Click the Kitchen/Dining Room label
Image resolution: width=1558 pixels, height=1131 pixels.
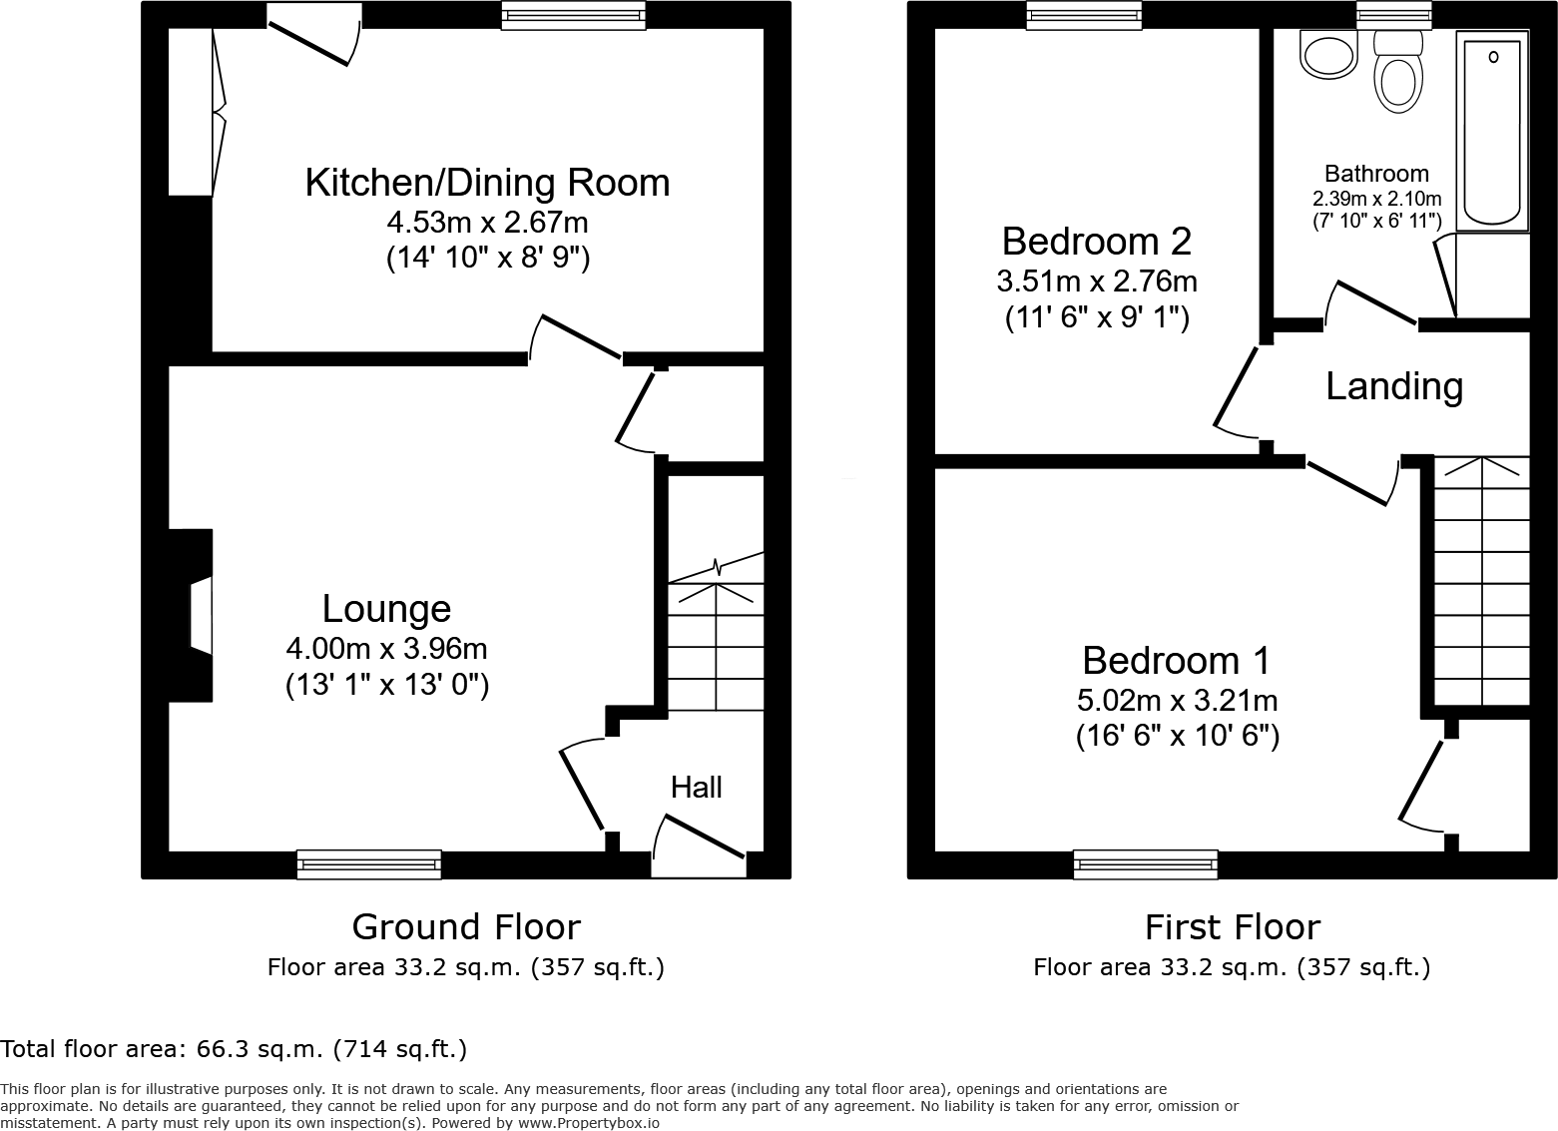point(487,183)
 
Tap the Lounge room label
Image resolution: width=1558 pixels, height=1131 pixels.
point(386,609)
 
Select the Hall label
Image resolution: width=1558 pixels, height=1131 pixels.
point(696,788)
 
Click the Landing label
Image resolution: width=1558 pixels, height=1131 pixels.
point(1393,386)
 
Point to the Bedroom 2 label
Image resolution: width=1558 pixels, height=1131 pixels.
point(1096,242)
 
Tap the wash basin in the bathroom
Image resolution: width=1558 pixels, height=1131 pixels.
point(1329,56)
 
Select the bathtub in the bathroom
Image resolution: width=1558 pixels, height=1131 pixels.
point(1492,130)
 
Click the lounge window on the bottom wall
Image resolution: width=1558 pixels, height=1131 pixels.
point(368,863)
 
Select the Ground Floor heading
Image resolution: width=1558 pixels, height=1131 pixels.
point(465,927)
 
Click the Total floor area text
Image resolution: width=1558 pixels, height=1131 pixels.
point(234,1049)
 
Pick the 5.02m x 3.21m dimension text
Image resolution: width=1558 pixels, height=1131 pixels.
point(1177,700)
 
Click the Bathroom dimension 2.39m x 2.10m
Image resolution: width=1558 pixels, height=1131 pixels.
point(1376,199)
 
